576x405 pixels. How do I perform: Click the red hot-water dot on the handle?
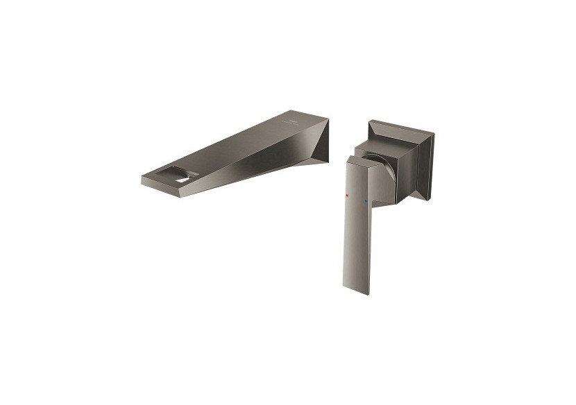347,197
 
